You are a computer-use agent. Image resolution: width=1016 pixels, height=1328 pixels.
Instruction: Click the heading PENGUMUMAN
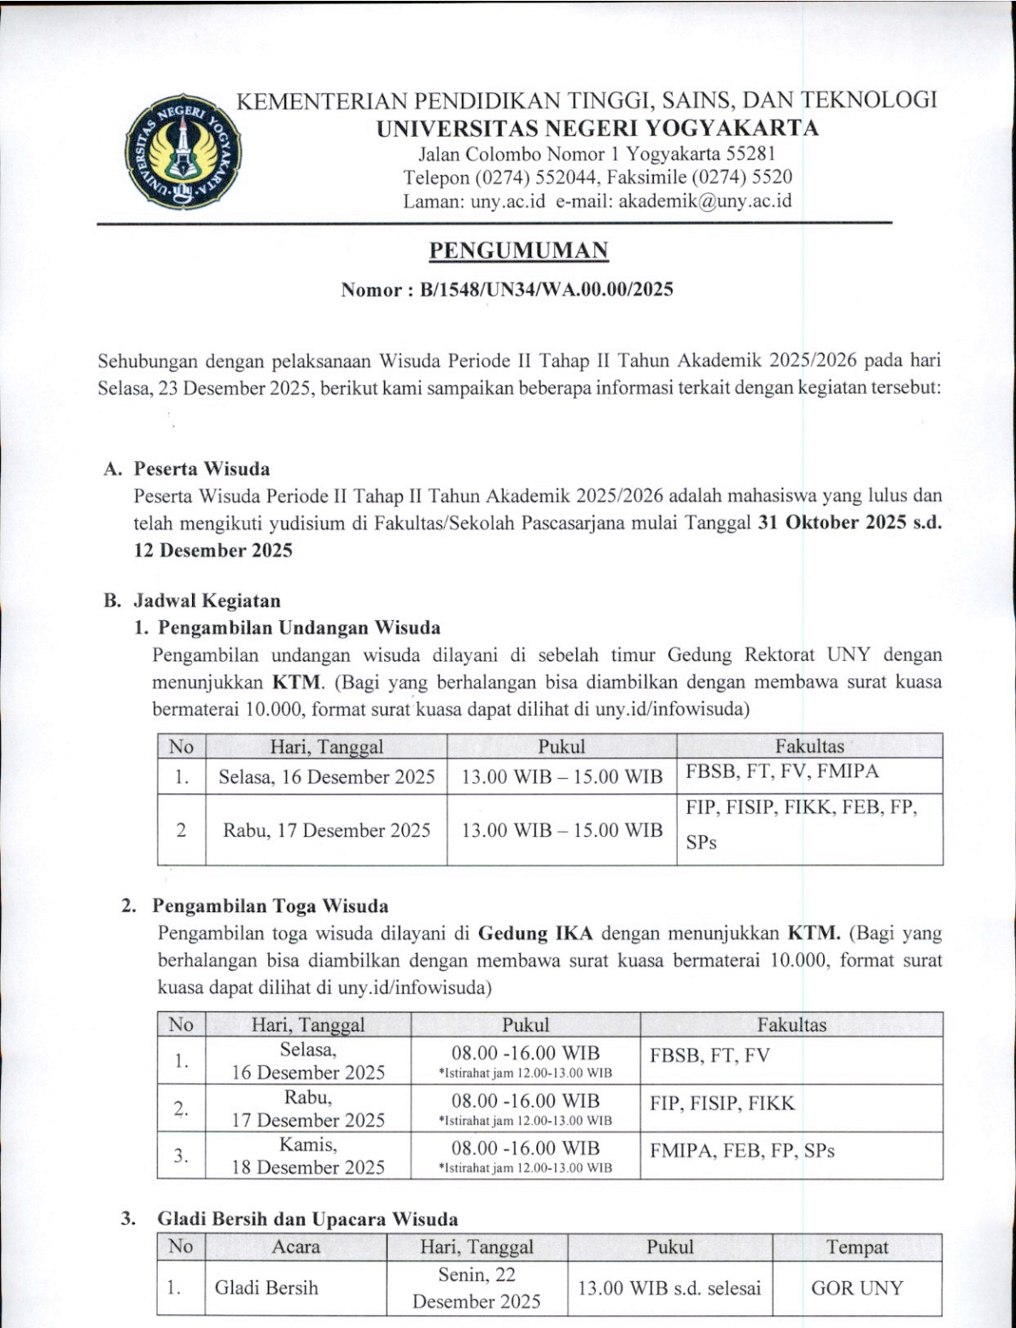pyautogui.click(x=518, y=251)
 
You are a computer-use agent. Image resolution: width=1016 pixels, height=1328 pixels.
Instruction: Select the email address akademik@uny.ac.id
pyautogui.click(x=705, y=202)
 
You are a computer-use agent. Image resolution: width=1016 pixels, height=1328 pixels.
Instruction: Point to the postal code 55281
pyautogui.click(x=750, y=155)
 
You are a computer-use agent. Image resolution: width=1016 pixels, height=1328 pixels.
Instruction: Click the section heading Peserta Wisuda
pyautogui.click(x=201, y=469)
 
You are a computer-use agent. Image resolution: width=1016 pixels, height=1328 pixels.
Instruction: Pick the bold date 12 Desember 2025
pyautogui.click(x=213, y=551)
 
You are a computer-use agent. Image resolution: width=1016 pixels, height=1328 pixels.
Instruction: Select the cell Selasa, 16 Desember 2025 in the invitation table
pyautogui.click(x=326, y=777)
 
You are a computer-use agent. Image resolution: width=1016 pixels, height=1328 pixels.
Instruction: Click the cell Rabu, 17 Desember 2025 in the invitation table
pyautogui.click(x=326, y=830)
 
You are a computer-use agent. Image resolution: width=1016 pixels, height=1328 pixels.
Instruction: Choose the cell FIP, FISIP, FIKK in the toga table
pyautogui.click(x=721, y=1103)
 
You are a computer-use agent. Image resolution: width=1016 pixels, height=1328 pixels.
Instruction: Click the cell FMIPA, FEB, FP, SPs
pyautogui.click(x=741, y=1150)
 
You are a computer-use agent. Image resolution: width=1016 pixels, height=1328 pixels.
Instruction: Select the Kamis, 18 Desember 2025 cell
pyautogui.click(x=308, y=1155)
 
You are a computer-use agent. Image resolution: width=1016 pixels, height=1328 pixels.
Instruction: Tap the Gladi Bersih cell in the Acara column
pyautogui.click(x=266, y=1288)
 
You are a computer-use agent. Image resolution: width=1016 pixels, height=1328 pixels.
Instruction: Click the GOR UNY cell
pyautogui.click(x=856, y=1288)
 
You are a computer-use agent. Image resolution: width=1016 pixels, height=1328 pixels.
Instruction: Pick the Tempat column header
pyautogui.click(x=856, y=1248)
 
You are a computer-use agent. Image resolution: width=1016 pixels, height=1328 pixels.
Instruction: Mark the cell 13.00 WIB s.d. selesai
pyautogui.click(x=669, y=1288)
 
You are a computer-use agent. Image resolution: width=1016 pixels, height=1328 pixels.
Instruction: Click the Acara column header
pyautogui.click(x=295, y=1248)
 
